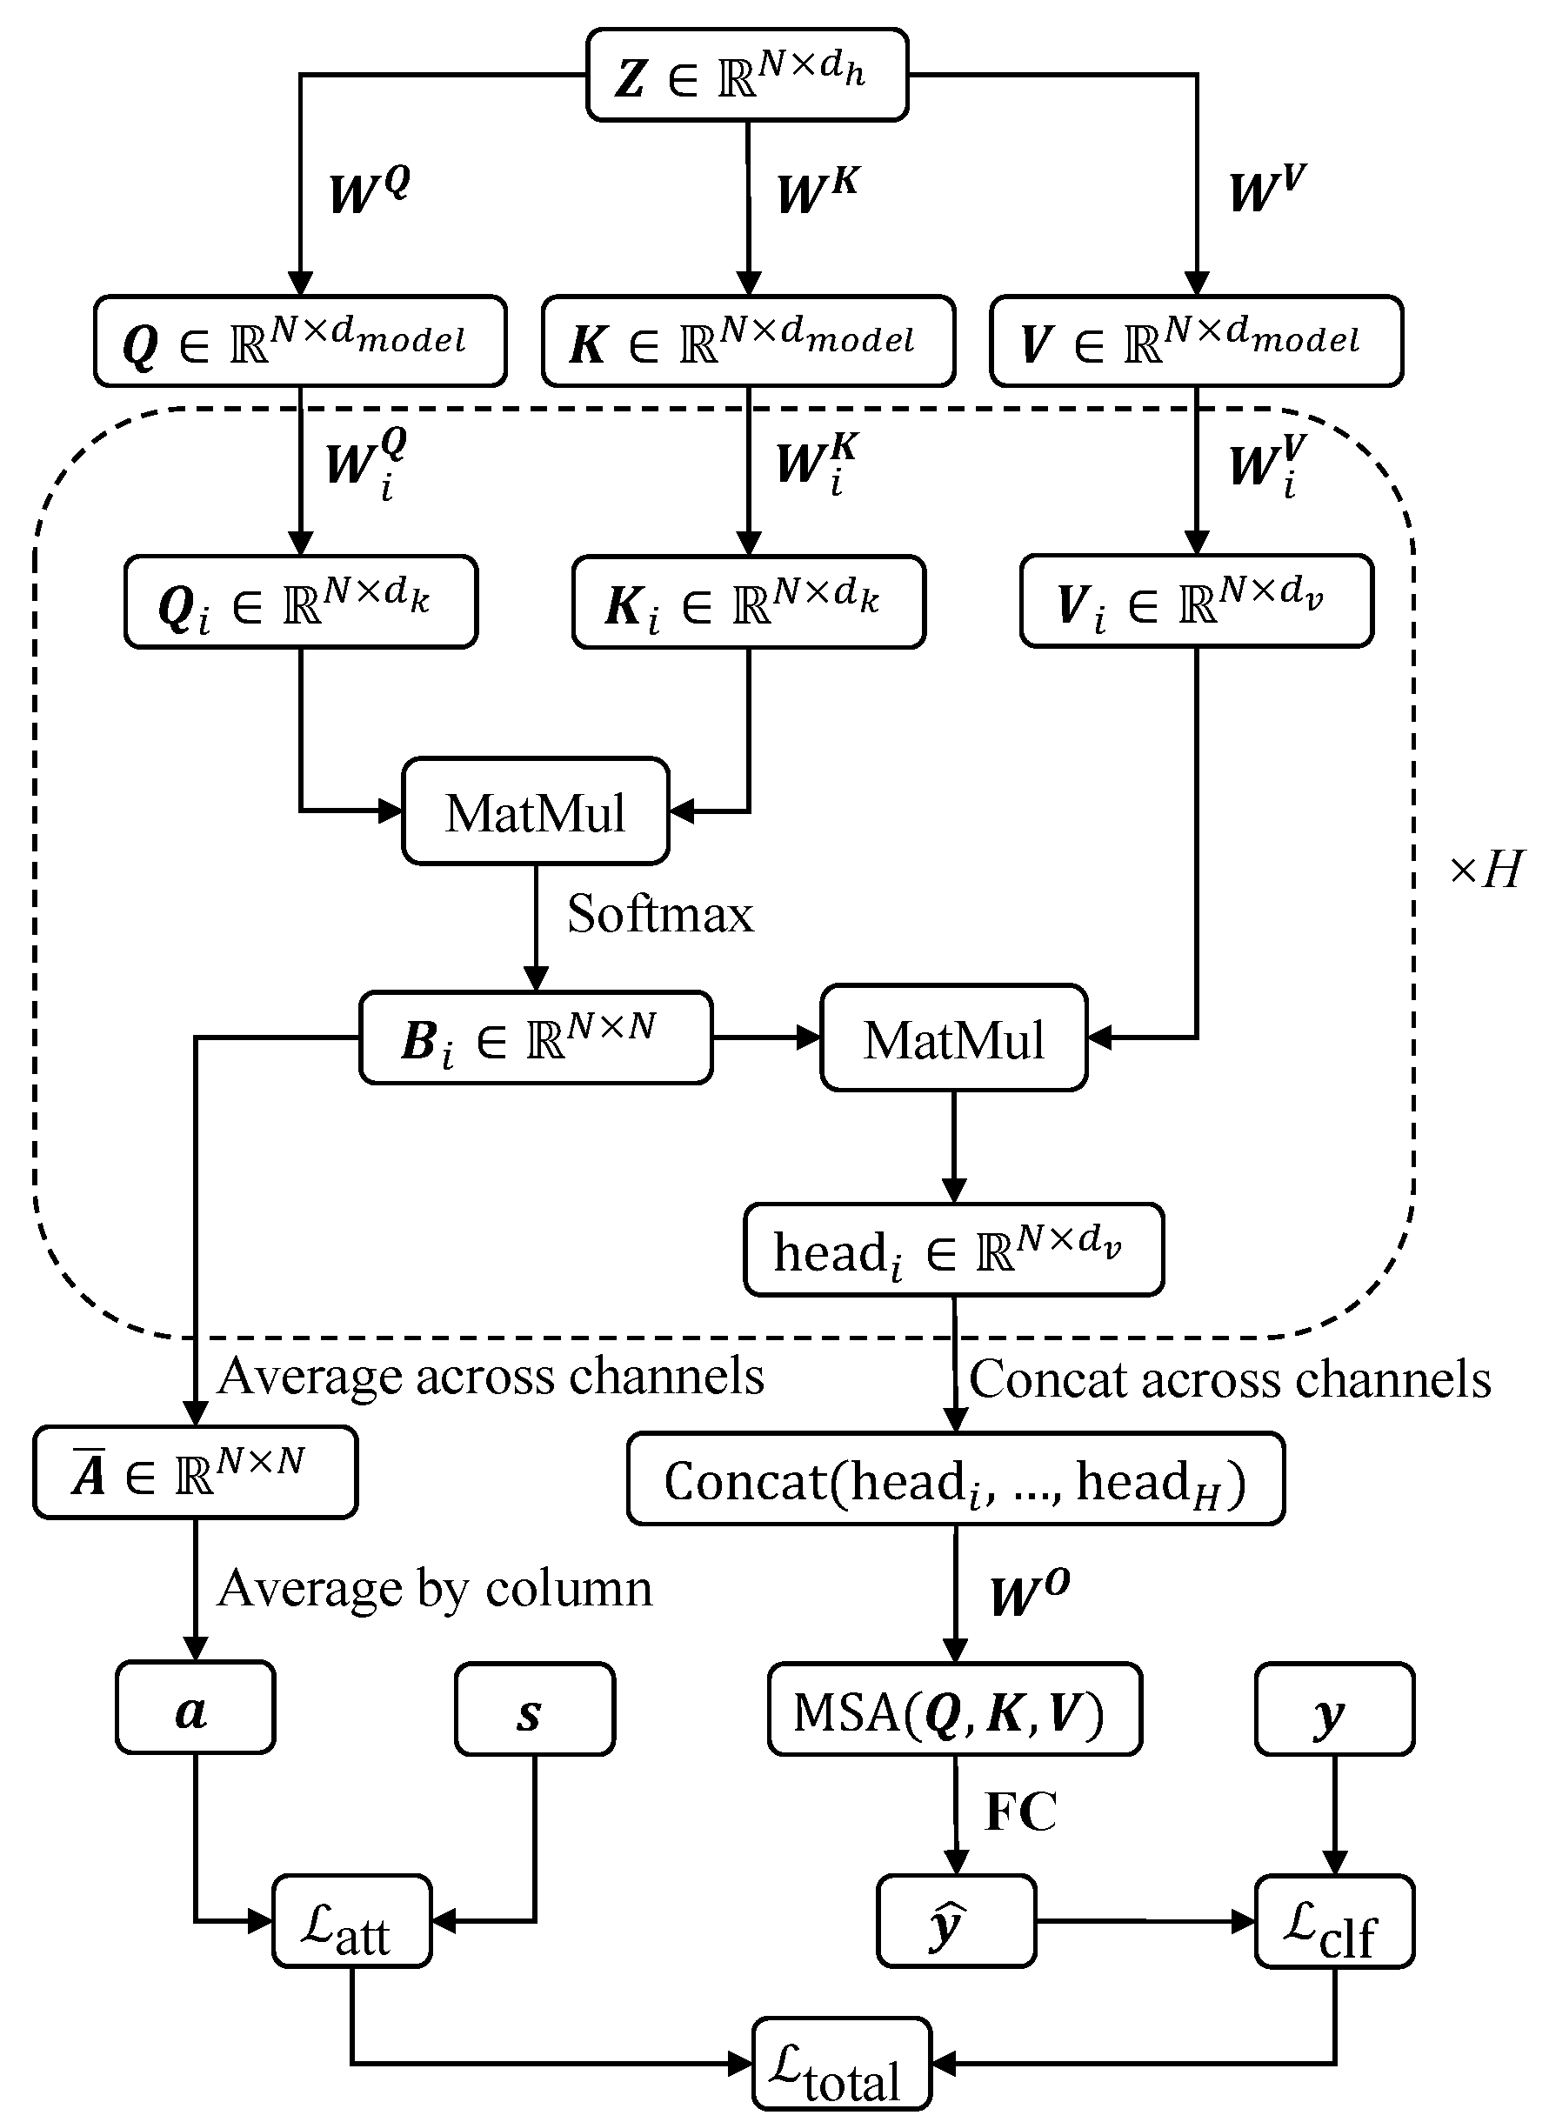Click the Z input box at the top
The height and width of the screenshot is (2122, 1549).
point(746,75)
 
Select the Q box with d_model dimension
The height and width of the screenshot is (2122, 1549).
point(299,341)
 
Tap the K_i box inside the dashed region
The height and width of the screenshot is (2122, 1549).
point(748,602)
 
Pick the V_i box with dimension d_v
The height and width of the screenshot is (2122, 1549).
point(1196,601)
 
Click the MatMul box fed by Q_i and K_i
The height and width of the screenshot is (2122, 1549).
point(535,811)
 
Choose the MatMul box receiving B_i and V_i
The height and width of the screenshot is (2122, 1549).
point(953,1038)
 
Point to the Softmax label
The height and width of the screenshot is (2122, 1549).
point(660,913)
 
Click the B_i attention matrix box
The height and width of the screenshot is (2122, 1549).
point(536,1038)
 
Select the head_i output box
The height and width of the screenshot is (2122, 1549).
point(953,1250)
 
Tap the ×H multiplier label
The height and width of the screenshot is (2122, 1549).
point(1486,871)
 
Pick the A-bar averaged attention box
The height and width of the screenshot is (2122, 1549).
point(195,1472)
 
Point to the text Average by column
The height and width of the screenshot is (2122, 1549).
point(434,1588)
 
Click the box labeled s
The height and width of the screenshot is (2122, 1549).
point(535,1709)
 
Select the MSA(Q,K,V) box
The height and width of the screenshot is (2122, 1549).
point(953,1709)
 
